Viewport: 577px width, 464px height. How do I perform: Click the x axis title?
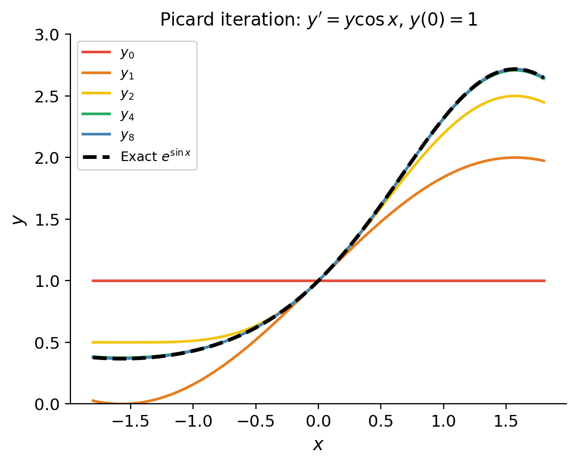(318, 444)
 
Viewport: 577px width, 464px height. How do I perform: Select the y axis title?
(19, 219)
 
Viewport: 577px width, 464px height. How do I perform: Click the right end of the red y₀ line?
(544, 281)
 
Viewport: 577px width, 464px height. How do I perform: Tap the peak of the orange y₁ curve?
(515, 157)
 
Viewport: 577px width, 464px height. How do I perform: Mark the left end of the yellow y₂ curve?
(93, 342)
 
